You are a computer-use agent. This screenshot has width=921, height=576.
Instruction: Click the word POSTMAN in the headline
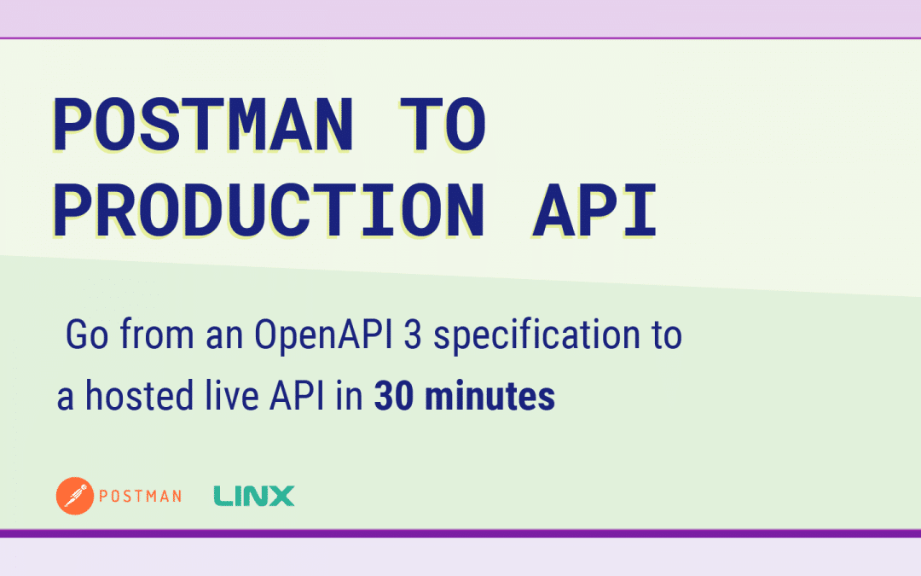click(x=202, y=125)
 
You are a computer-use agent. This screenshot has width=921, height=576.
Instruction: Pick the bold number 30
click(x=393, y=397)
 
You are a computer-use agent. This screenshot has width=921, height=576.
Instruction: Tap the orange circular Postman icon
click(x=74, y=496)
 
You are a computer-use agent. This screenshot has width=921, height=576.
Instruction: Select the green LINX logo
click(x=253, y=496)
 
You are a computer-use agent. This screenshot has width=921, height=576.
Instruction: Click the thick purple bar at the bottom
click(x=460, y=533)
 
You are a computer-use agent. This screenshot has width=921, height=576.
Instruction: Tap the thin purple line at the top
click(x=460, y=38)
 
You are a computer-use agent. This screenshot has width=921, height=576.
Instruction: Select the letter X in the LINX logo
click(x=281, y=496)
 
